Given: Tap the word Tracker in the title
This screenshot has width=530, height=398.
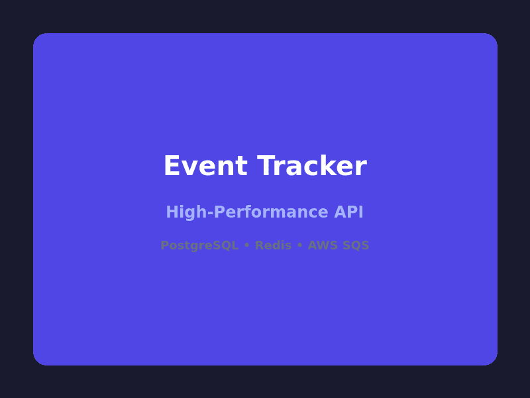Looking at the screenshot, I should pyautogui.click(x=312, y=166).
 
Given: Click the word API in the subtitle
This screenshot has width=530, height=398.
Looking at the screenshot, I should pyautogui.click(x=349, y=213).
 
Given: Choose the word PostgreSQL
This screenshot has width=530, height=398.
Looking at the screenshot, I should pyautogui.click(x=199, y=246).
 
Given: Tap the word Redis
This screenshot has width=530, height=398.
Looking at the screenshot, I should pyautogui.click(x=273, y=245).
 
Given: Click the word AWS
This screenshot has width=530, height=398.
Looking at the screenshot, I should pyautogui.click(x=323, y=245).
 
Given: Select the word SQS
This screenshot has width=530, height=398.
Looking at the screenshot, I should pyautogui.click(x=356, y=245).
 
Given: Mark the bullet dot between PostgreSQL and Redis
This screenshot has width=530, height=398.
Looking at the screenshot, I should pyautogui.click(x=246, y=245).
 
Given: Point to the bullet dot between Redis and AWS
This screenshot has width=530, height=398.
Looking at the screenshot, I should pyautogui.click(x=299, y=245).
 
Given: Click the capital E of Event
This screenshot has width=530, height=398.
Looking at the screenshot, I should pyautogui.click(x=171, y=166).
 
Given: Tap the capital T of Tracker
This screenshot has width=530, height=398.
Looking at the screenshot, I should pyautogui.click(x=266, y=166).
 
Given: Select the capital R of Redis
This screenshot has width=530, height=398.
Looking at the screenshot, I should pyautogui.click(x=259, y=245).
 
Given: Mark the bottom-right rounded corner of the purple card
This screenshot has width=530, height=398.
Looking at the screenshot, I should pyautogui.click(x=493, y=361).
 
